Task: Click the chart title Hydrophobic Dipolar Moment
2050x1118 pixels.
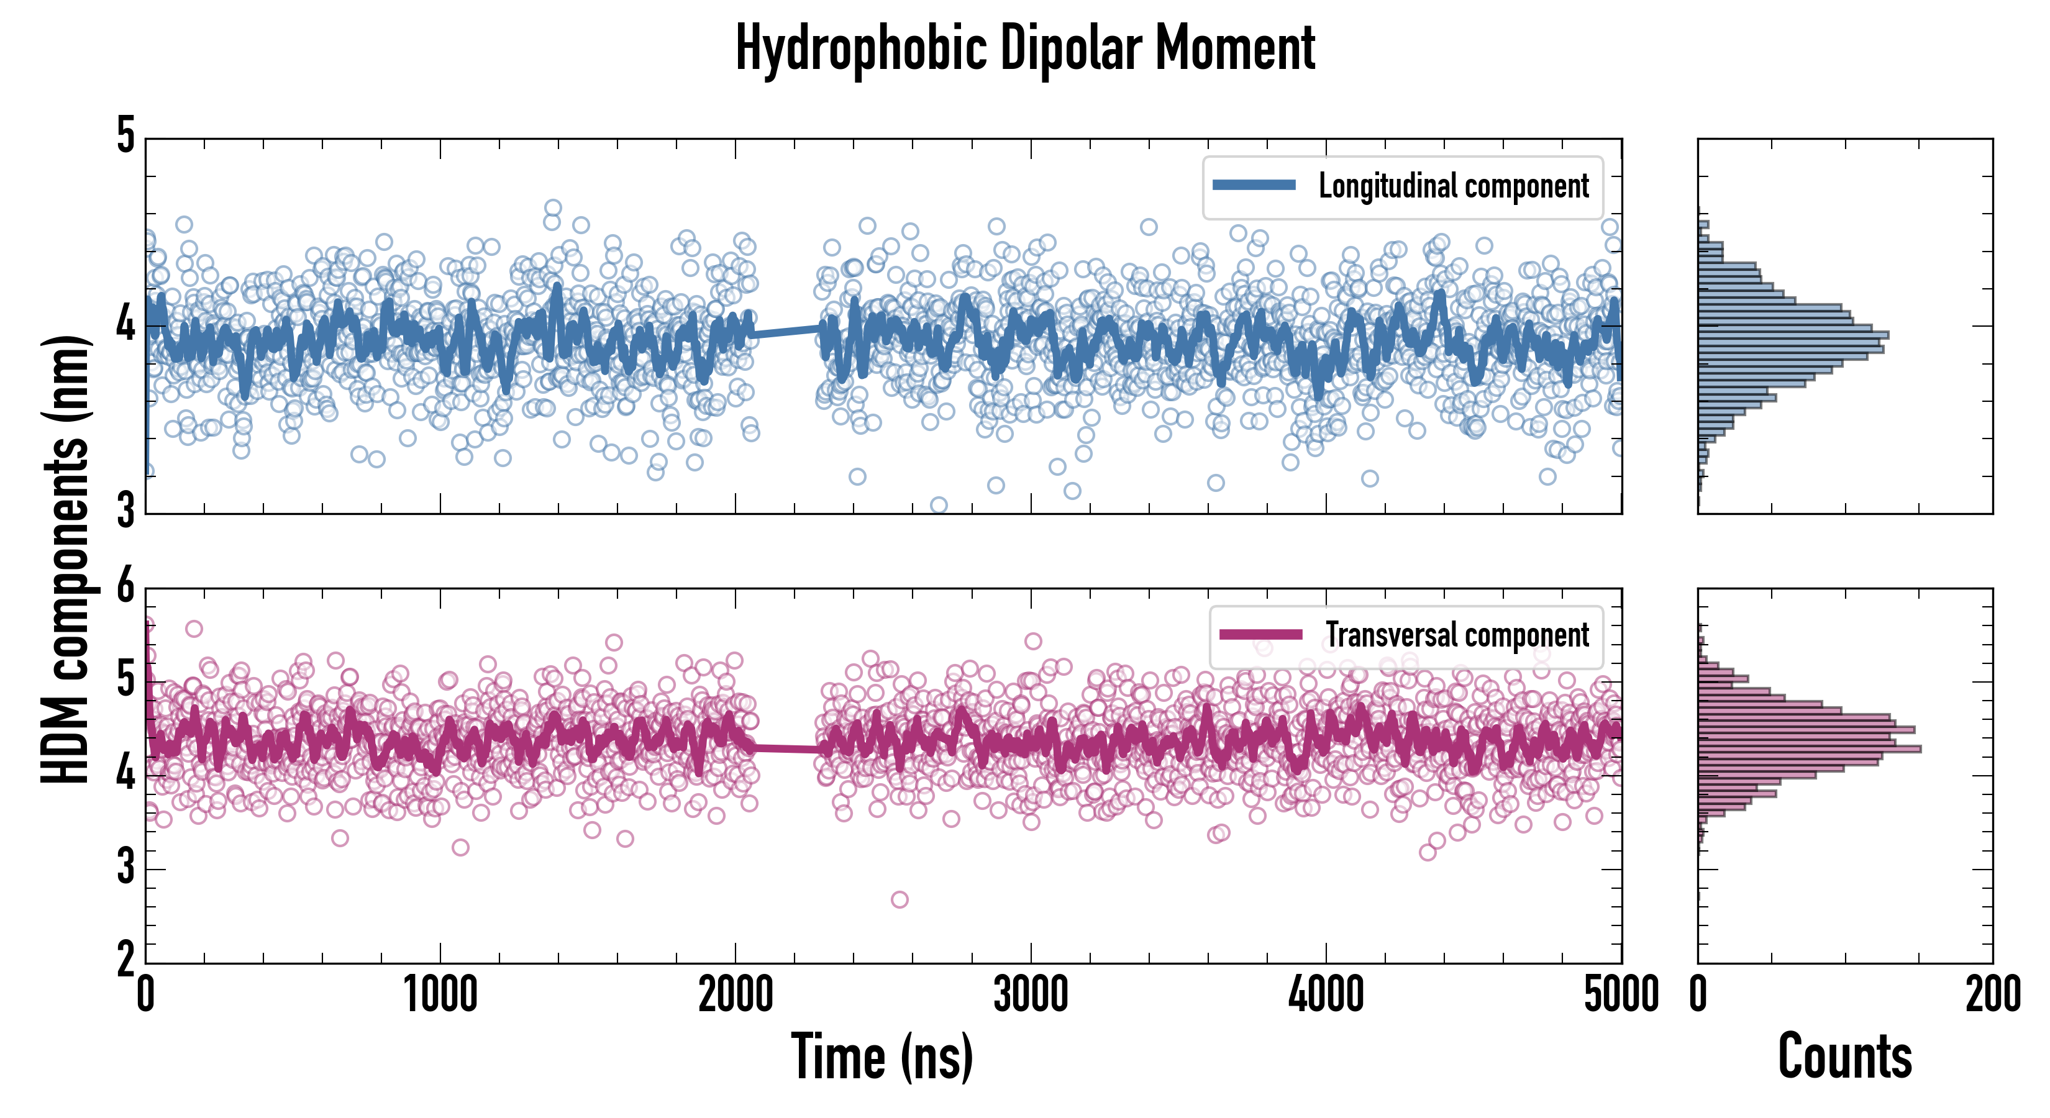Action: point(1025,49)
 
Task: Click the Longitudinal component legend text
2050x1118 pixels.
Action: point(1453,186)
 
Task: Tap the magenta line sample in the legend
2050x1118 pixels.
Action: point(1260,635)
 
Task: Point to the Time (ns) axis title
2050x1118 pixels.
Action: point(881,1057)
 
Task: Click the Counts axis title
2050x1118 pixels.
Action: point(1844,1057)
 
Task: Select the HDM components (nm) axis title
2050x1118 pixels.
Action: point(65,557)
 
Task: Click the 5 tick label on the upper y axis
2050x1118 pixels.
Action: point(125,137)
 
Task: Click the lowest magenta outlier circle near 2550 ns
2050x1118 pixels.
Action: point(900,900)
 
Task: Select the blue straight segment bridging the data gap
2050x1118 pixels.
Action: point(786,331)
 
